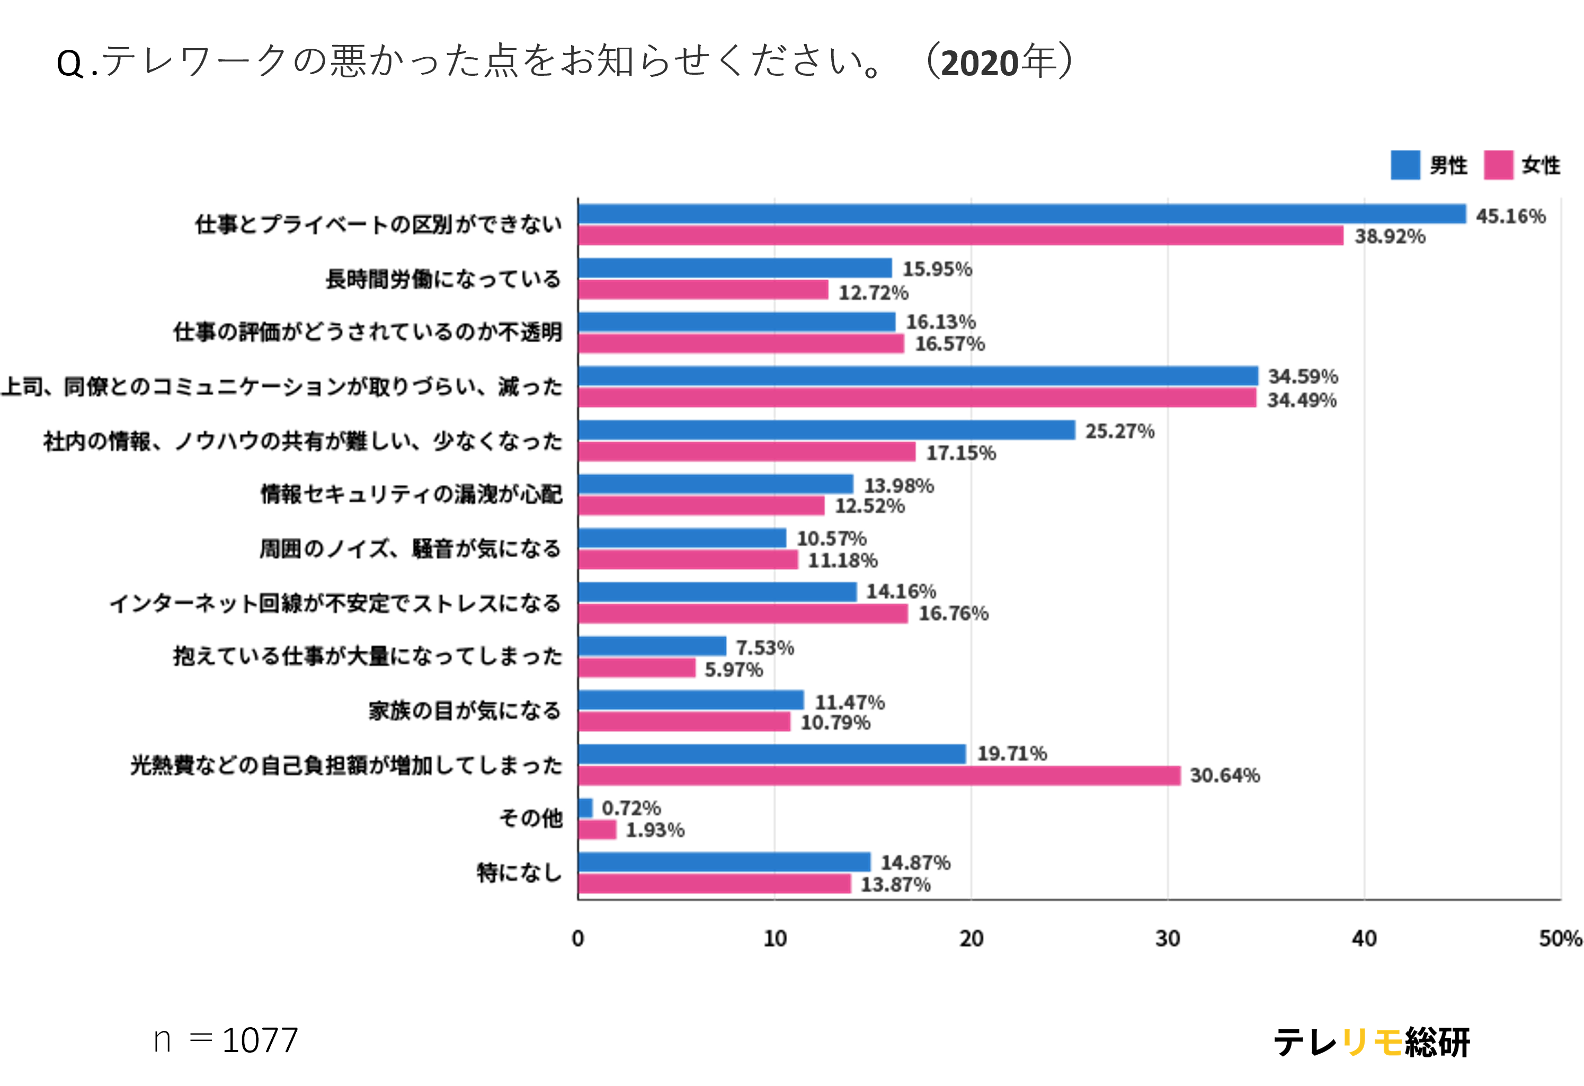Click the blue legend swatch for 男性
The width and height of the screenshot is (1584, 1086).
[x=1405, y=165]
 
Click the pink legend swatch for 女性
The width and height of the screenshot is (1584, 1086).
[x=1498, y=165]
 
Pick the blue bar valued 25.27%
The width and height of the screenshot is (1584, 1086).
[x=826, y=430]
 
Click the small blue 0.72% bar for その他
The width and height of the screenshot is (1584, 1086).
[x=585, y=808]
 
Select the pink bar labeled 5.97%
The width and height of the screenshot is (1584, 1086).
[x=637, y=668]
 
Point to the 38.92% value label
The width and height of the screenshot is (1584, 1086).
[x=1390, y=237]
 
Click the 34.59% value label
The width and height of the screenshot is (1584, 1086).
[x=1303, y=376]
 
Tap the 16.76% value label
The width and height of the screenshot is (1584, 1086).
[x=953, y=613]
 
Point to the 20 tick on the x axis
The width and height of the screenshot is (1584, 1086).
[x=971, y=939]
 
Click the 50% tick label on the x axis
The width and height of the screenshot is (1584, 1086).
[x=1560, y=939]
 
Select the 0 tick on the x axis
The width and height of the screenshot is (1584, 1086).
[x=578, y=939]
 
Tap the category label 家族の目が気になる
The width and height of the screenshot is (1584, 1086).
[x=465, y=711]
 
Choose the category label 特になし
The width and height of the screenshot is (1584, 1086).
[x=519, y=873]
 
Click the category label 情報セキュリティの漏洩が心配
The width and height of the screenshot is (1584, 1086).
[x=412, y=494]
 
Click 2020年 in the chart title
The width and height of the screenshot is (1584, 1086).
[x=999, y=63]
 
